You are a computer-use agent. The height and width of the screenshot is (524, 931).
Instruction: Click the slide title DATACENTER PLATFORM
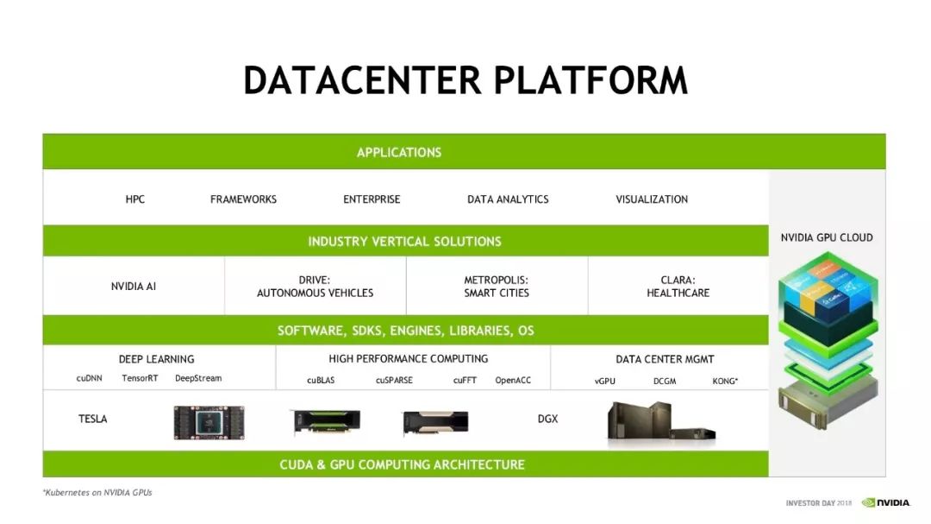[x=465, y=80]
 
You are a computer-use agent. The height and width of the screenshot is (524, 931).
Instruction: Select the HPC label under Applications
[x=135, y=199]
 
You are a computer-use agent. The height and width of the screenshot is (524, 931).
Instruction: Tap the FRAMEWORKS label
[x=243, y=199]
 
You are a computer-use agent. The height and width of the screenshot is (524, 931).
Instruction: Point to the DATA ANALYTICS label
[x=508, y=199]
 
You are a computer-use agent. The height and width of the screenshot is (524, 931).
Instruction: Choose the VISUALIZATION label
[x=652, y=199]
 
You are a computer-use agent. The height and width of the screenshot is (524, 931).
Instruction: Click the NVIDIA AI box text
[x=134, y=286]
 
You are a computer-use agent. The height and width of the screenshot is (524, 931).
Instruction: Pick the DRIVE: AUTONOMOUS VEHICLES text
[x=315, y=287]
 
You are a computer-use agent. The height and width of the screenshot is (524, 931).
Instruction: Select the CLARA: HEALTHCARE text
[x=678, y=287]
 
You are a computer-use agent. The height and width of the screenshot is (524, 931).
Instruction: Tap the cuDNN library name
[x=90, y=378]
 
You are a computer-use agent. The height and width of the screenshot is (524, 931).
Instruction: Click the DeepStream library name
[x=198, y=378]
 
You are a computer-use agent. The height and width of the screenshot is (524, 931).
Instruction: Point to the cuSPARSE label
[x=394, y=380]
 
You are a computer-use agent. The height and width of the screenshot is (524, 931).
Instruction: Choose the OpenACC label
[x=513, y=380]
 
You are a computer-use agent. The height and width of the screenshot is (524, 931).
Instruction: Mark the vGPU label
[x=605, y=380]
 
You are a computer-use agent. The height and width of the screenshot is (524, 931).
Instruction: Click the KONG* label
[x=725, y=380]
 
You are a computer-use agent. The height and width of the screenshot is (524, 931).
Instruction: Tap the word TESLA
[x=93, y=419]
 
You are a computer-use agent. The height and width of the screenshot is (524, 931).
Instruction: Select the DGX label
[x=547, y=419]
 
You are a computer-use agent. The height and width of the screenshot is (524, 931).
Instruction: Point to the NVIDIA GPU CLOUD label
[x=827, y=237]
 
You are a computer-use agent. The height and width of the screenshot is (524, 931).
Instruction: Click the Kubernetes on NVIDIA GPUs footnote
[x=97, y=492]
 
